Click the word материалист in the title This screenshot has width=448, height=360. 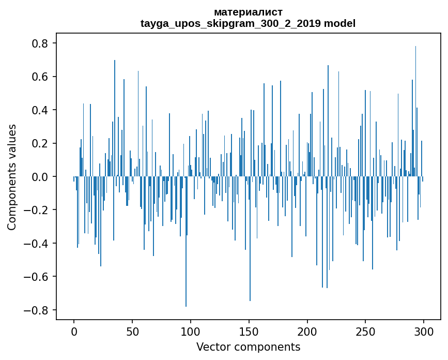click(248, 12)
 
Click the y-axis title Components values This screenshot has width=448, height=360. click(12, 177)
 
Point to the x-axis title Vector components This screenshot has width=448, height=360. click(248, 347)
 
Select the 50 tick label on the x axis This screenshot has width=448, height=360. click(132, 331)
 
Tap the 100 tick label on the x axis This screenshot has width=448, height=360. click(191, 331)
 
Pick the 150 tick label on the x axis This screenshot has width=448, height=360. click(249, 331)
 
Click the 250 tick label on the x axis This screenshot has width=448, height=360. click(365, 331)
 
